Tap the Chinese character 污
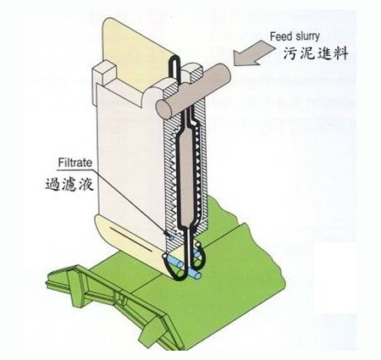click(x=290, y=53)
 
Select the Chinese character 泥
click(x=306, y=53)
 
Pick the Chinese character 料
click(x=340, y=53)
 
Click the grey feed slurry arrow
click(x=254, y=53)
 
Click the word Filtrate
click(x=75, y=163)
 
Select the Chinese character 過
click(x=53, y=185)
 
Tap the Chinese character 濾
click(x=69, y=185)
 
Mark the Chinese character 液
click(x=86, y=185)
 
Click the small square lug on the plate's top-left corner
click(x=103, y=73)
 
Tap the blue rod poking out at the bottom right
click(x=195, y=274)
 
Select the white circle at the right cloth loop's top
click(x=198, y=244)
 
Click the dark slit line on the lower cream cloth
click(x=130, y=239)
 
